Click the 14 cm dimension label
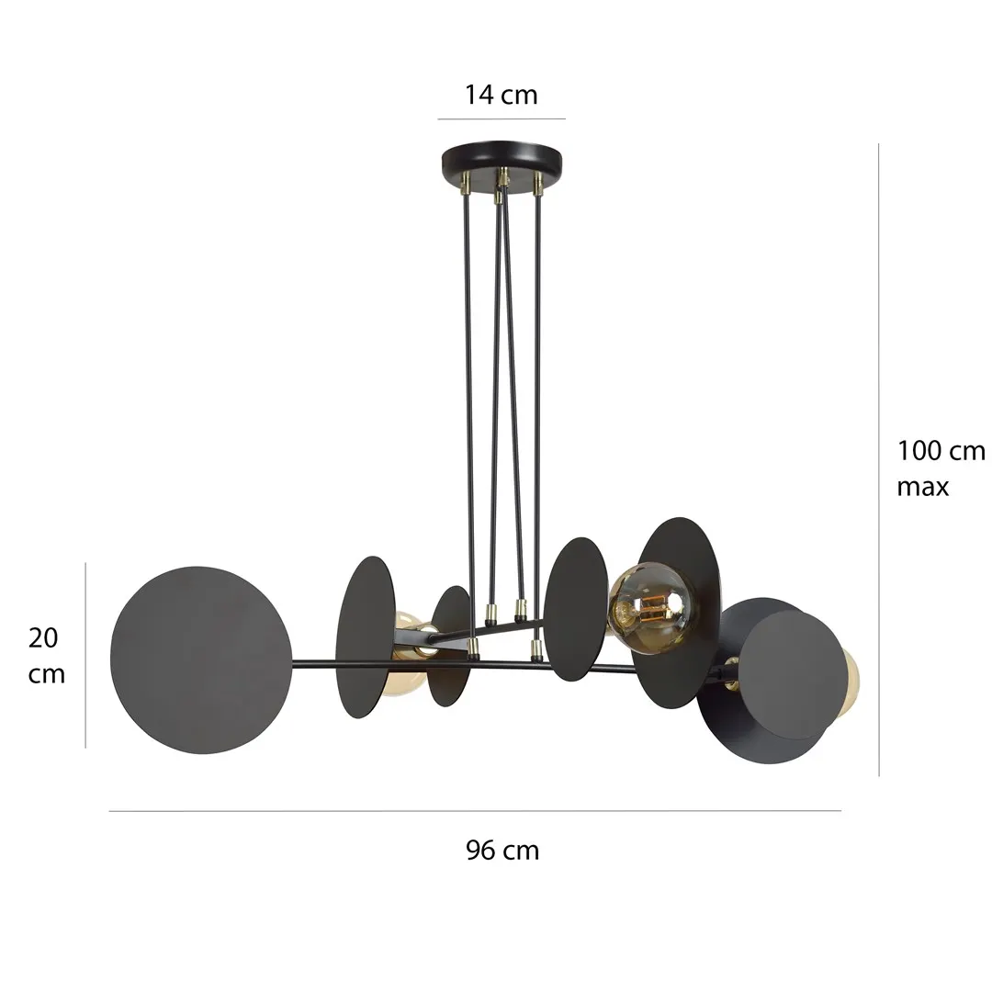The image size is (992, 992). point(501,95)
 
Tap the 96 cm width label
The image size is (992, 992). point(502,851)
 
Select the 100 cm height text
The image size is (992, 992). point(941,451)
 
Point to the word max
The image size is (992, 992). point(922,487)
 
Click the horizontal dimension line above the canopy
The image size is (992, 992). point(501,118)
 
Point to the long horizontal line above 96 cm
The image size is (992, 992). point(475,811)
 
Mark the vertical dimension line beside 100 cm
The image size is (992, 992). point(880,459)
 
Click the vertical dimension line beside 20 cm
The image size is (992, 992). point(86,655)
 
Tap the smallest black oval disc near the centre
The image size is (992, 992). point(450,646)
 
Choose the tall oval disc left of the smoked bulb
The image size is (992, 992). point(575,608)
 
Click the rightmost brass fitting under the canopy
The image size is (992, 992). point(538,184)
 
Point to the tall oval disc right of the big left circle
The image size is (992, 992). point(365,637)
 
